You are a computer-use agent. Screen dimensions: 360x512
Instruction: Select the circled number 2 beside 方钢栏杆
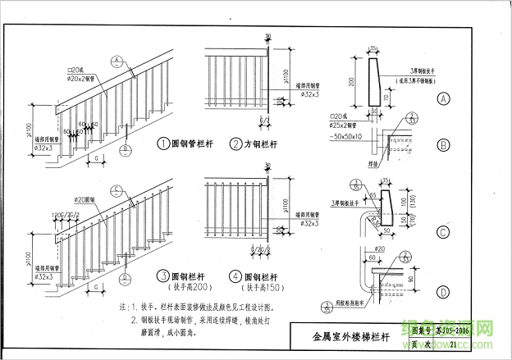point(235,144)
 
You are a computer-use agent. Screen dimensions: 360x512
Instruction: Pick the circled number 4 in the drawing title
point(235,276)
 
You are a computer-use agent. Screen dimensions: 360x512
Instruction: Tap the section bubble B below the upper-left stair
point(126,148)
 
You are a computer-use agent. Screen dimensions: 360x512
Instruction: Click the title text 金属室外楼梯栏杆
point(351,336)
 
